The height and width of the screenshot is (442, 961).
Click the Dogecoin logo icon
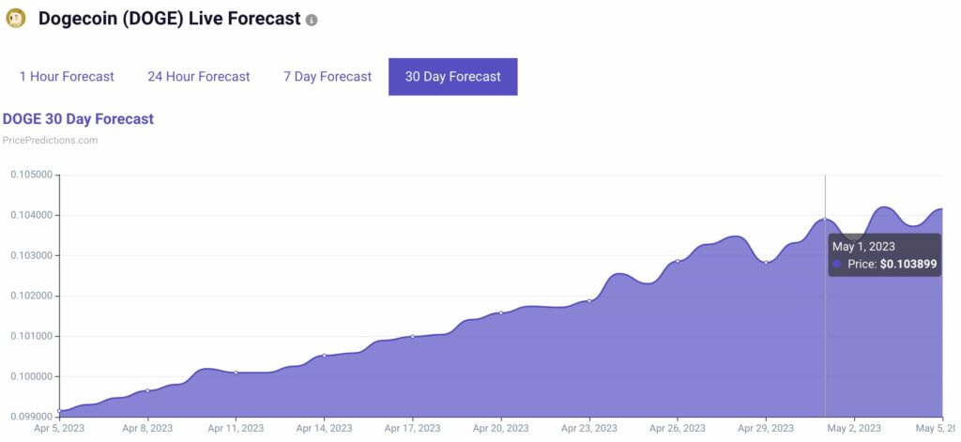click(16, 19)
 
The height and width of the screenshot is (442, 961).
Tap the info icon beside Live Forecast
click(312, 20)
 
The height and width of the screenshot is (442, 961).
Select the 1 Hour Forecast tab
click(67, 76)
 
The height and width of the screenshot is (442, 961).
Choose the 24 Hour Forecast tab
click(199, 76)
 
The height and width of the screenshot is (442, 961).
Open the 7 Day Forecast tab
click(328, 76)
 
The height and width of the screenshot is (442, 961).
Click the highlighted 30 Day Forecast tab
click(452, 76)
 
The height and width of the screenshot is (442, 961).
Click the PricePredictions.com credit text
click(50, 140)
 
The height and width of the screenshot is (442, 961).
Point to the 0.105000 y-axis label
click(30, 175)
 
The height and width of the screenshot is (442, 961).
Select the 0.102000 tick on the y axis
click(30, 296)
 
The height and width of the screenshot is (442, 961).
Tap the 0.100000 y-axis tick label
click(30, 376)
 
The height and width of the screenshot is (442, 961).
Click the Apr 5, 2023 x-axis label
click(58, 428)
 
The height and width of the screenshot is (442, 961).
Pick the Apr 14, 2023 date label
click(324, 428)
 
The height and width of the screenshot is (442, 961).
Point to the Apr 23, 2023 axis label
click(589, 428)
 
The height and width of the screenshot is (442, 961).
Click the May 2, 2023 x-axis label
click(854, 428)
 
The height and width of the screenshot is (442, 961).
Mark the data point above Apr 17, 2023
click(413, 336)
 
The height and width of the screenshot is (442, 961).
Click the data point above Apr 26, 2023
click(678, 261)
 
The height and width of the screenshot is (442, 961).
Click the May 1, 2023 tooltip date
click(863, 246)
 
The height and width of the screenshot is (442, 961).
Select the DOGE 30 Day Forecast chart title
click(78, 119)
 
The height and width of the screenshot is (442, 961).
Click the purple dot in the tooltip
click(836, 265)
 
